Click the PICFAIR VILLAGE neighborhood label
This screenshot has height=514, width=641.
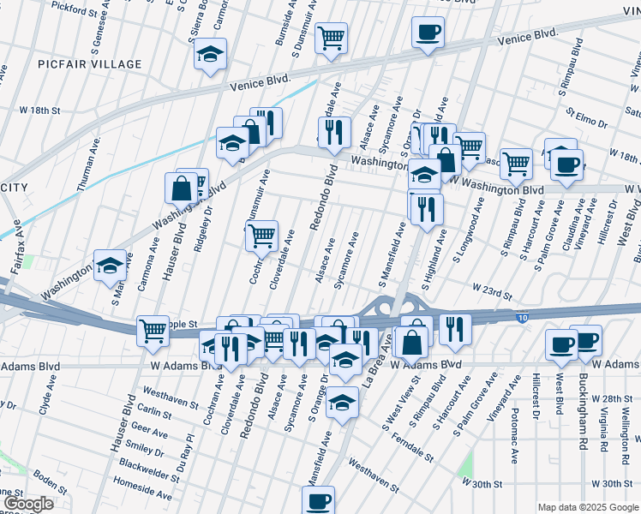(90, 64)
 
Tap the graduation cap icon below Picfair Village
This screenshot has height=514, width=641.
(210, 55)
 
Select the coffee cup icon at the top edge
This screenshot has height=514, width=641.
(427, 33)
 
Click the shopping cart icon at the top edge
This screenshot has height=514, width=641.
(331, 39)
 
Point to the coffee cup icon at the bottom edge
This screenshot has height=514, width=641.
(319, 500)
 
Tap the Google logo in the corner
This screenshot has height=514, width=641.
(27, 504)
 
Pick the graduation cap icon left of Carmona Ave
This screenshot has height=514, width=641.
(110, 266)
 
